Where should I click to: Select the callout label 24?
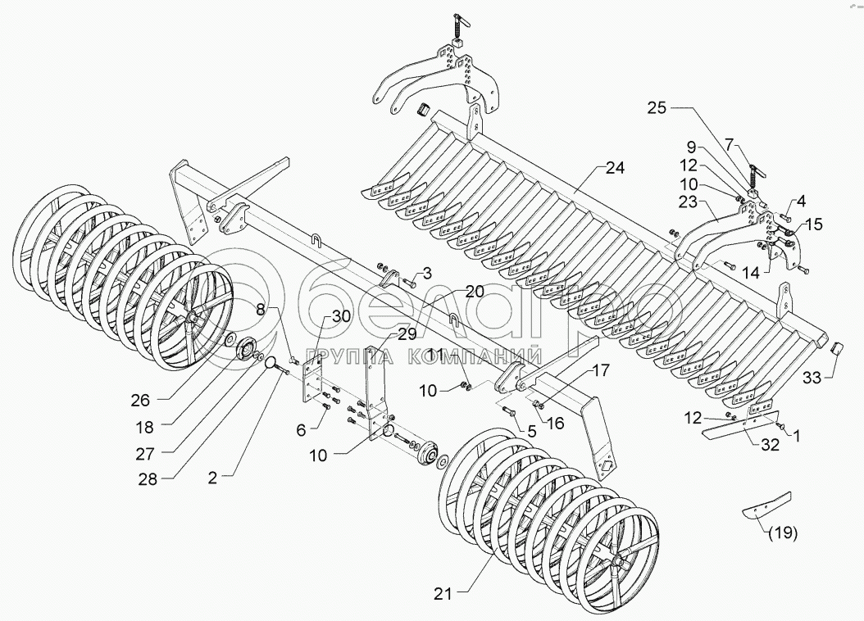[x=614, y=168]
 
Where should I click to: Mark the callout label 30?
[x=341, y=317]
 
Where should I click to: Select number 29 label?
[x=407, y=333]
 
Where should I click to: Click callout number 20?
[x=475, y=291]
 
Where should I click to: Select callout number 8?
[x=261, y=309]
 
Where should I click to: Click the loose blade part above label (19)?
[x=767, y=505]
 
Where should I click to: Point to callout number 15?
[x=812, y=224]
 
